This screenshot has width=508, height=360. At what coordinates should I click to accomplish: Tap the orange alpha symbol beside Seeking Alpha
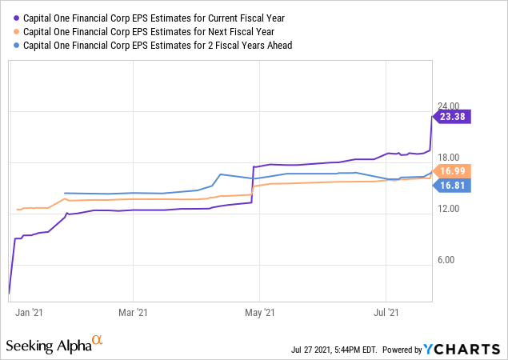click(98, 342)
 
